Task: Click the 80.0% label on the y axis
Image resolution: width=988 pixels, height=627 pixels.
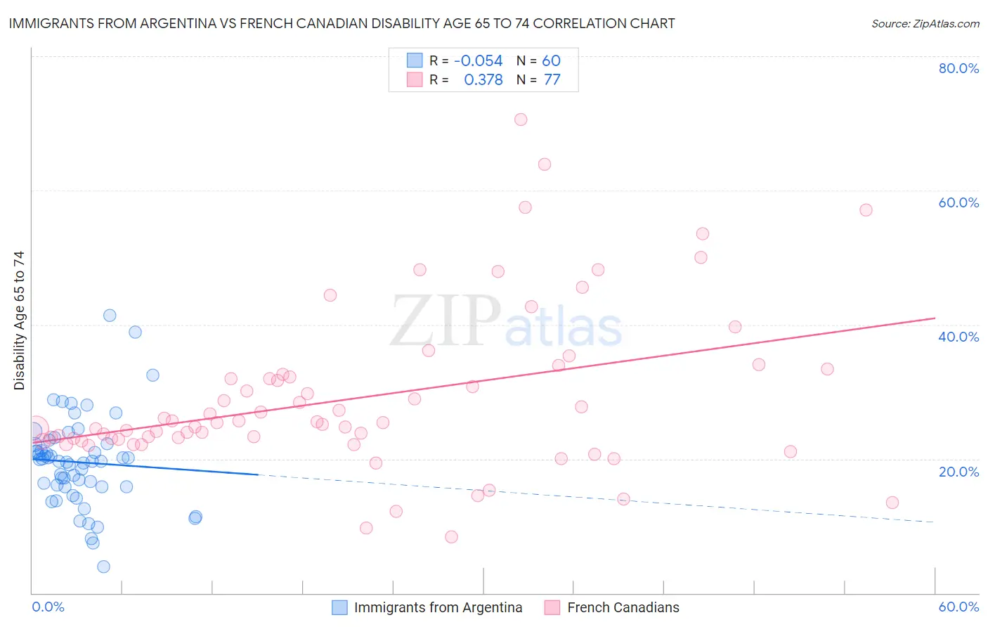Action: tap(958, 68)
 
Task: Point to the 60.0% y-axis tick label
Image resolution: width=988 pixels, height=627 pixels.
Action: tap(958, 202)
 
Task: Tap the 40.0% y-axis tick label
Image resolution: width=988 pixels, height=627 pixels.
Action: tap(958, 337)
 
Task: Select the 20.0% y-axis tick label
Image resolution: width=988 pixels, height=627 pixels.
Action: tap(958, 472)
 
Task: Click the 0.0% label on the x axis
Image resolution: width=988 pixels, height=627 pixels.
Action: tap(48, 607)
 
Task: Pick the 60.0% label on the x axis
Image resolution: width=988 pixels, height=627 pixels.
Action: tap(958, 607)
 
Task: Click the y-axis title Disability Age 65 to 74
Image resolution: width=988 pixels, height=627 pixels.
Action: tap(19, 320)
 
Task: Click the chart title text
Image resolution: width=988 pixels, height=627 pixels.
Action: tap(342, 23)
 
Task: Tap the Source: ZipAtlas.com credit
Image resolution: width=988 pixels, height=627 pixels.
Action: tap(925, 23)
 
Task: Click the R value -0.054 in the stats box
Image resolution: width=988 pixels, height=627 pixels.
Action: tap(478, 61)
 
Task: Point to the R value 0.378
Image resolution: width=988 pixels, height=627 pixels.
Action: tap(483, 80)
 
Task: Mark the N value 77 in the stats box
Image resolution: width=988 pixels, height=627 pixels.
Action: tap(552, 80)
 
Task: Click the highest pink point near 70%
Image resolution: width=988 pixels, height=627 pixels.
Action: tap(521, 119)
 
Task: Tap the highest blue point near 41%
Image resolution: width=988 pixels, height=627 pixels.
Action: tap(110, 316)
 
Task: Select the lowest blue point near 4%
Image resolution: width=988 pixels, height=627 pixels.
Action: tap(103, 567)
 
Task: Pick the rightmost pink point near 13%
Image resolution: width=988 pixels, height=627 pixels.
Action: tap(892, 503)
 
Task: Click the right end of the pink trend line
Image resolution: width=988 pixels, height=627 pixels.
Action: tap(935, 318)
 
